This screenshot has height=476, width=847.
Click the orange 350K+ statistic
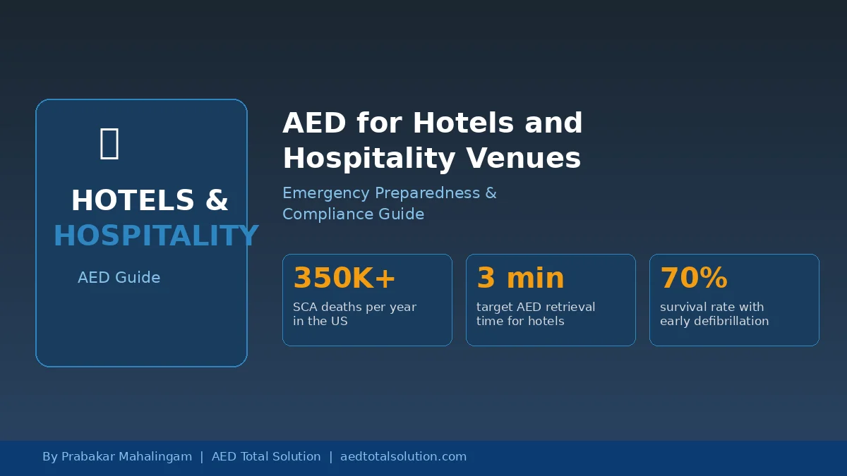[x=344, y=278]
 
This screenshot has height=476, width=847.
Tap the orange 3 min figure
[x=520, y=278]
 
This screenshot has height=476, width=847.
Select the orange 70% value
[x=694, y=278]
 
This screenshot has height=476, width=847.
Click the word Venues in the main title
[x=523, y=158]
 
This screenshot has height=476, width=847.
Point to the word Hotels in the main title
[x=463, y=123]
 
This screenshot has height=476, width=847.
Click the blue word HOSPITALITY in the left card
[x=156, y=236]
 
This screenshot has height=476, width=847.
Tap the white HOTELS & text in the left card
[x=150, y=200]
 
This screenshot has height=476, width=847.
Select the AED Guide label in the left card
[x=119, y=278]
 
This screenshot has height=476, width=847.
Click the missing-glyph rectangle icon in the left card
[x=109, y=144]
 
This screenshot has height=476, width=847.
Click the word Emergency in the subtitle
[x=326, y=193]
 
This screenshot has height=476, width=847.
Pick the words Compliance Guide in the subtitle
[x=353, y=214]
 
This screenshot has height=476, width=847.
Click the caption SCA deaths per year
[x=354, y=307]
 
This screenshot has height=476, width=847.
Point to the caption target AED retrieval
[x=536, y=307]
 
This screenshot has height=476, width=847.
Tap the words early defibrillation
[x=714, y=321]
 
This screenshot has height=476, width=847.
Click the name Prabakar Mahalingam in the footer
[x=126, y=456]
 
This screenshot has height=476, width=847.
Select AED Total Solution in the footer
[x=266, y=456]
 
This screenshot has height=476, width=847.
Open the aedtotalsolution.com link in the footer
[x=403, y=456]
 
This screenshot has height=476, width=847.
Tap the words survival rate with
[x=711, y=307]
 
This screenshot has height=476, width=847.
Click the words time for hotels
[x=520, y=321]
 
